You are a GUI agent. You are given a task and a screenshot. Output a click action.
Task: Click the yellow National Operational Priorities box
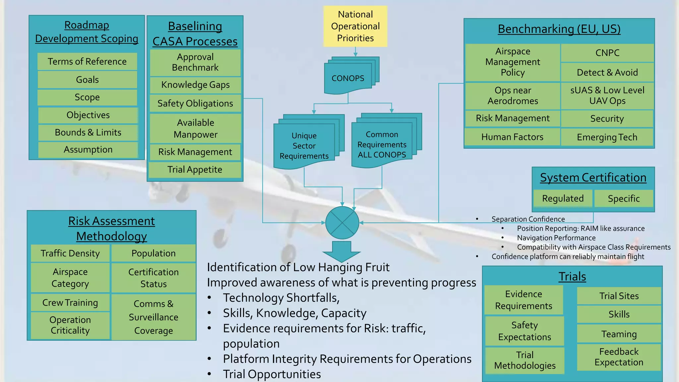[x=355, y=26]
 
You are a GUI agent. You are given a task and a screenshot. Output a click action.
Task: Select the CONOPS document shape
[x=348, y=79]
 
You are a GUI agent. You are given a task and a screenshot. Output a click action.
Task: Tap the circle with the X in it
[x=342, y=223]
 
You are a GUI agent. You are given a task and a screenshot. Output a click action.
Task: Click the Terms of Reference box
[x=87, y=61]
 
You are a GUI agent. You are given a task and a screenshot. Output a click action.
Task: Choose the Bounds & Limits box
[x=88, y=132]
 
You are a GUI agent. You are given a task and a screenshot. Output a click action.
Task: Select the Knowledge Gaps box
[x=195, y=85]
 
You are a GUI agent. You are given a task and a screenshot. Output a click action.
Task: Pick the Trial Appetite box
[x=195, y=169]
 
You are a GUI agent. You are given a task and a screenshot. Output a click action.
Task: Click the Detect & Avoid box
[x=607, y=72]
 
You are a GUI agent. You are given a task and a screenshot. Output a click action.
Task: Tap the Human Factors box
[x=512, y=137]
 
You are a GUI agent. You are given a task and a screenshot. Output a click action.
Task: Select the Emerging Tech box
[x=607, y=137]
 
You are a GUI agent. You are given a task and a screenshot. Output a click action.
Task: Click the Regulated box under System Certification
[x=563, y=198]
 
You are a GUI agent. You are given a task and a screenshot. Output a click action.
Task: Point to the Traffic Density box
[x=70, y=253]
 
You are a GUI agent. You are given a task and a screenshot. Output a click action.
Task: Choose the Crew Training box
[x=70, y=302]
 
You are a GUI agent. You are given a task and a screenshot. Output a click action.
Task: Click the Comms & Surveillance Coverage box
[x=154, y=317]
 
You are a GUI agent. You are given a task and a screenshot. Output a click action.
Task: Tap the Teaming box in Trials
[x=619, y=334]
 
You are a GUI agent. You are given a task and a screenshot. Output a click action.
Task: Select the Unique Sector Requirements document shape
[x=304, y=146]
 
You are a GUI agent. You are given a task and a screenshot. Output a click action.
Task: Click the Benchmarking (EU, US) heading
[x=559, y=29]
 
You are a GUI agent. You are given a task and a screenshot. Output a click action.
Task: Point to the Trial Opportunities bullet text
[x=272, y=374]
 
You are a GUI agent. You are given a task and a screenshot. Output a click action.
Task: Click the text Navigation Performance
[x=556, y=238]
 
